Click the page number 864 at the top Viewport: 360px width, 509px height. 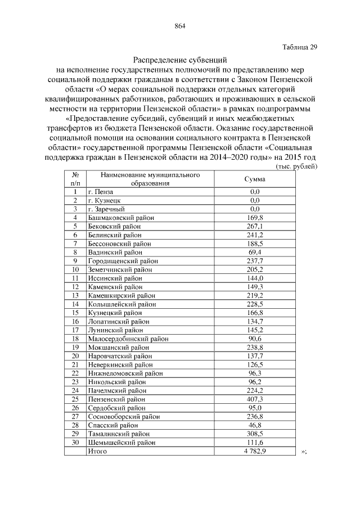[180, 26]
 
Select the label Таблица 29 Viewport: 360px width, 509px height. [299, 47]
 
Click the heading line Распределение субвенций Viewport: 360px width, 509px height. [180, 60]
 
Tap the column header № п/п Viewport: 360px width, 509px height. [75, 179]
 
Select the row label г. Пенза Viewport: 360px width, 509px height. [101, 192]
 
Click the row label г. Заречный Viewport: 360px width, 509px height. [105, 209]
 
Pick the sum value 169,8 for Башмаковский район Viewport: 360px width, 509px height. [254, 217]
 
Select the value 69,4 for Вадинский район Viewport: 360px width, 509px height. [254, 252]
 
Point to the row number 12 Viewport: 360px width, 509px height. [75, 287]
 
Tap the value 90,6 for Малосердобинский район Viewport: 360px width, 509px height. [254, 339]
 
